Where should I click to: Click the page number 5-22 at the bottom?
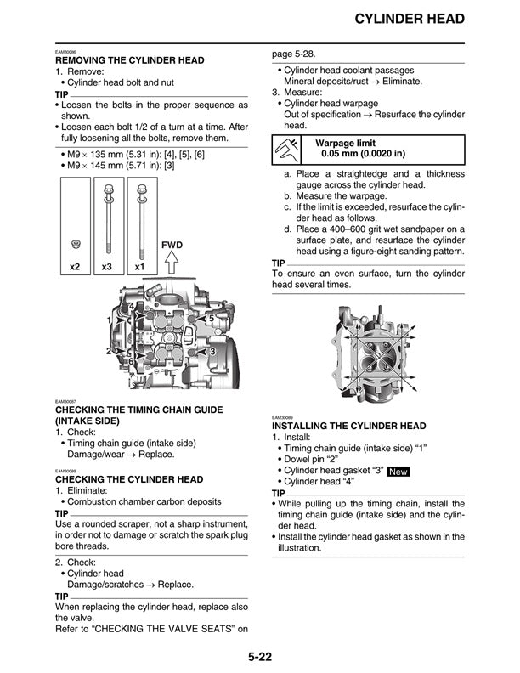coord(259,655)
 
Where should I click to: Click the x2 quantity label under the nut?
coord(75,267)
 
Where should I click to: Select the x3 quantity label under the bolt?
coord(107,267)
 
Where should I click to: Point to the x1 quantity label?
coord(139,267)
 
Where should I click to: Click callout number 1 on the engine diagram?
coord(109,319)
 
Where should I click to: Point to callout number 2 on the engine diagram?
coord(109,350)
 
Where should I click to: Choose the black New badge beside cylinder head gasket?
coord(399,471)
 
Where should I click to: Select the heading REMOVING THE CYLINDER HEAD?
coord(129,61)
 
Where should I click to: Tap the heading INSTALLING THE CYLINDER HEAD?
coord(348,426)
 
